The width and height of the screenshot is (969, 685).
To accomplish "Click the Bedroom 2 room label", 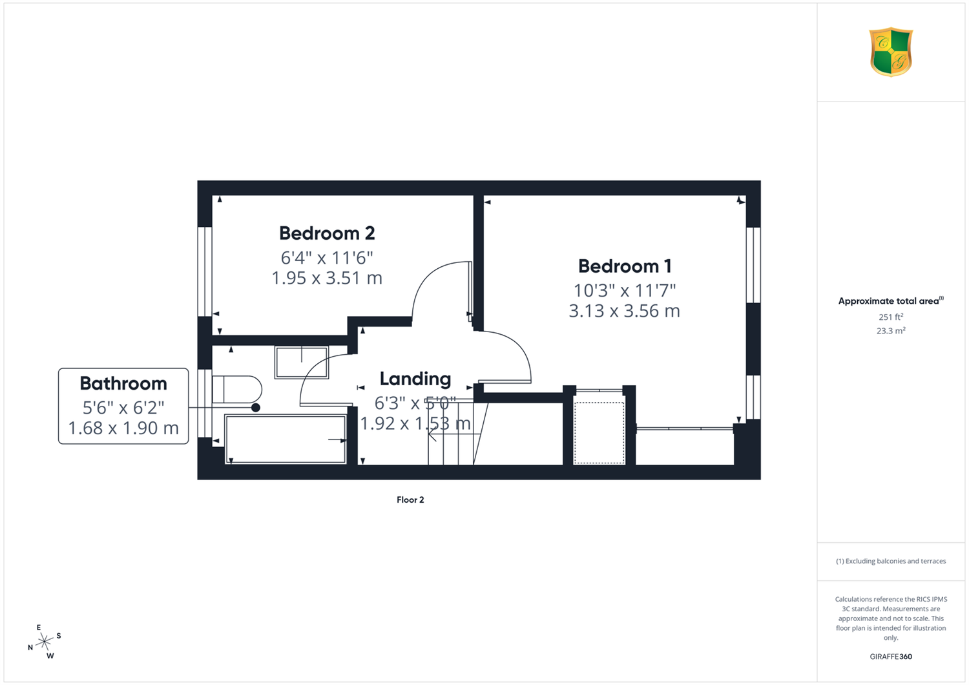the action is tap(327, 233).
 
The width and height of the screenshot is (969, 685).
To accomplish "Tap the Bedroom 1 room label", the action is tap(625, 266).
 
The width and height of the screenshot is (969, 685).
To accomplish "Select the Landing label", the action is tap(415, 379).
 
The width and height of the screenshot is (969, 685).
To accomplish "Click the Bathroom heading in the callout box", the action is tap(123, 383).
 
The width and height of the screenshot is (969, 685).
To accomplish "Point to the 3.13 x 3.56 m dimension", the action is tap(624, 311).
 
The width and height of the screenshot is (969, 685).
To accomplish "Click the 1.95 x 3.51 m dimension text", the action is tap(327, 278).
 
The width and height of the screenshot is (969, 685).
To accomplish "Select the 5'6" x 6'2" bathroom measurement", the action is tap(123, 407).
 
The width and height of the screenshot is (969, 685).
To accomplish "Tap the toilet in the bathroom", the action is tap(236, 390).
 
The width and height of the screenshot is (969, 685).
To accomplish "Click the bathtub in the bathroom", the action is tap(286, 439).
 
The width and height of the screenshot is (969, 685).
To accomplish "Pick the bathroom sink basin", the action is tap(302, 362).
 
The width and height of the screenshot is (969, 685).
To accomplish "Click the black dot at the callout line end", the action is tap(256, 407).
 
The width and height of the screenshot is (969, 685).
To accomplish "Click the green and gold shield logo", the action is tap(891, 52).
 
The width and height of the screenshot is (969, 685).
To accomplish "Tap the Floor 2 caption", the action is tap(410, 500).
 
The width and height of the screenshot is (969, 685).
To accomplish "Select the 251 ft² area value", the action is tap(891, 317).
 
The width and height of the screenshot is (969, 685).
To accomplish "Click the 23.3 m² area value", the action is tap(891, 331).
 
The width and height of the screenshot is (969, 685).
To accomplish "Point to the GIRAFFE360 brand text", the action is tap(891, 657).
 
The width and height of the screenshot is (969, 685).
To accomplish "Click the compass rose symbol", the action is tap(44, 641).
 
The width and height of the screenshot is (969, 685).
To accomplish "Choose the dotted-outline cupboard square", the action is tap(599, 433).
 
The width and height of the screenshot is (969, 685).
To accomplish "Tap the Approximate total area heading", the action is tap(891, 300).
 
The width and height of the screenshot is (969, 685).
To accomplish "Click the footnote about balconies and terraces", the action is tap(891, 561).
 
